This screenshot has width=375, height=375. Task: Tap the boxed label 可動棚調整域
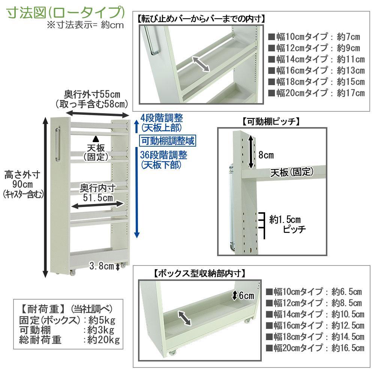pos(168,141)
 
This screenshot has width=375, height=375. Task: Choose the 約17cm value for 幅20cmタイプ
pos(350,93)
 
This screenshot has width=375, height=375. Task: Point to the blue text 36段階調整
pos(163,155)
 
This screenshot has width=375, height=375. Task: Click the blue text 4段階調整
pos(162,118)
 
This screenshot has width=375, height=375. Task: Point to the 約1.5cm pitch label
pos(285,219)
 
